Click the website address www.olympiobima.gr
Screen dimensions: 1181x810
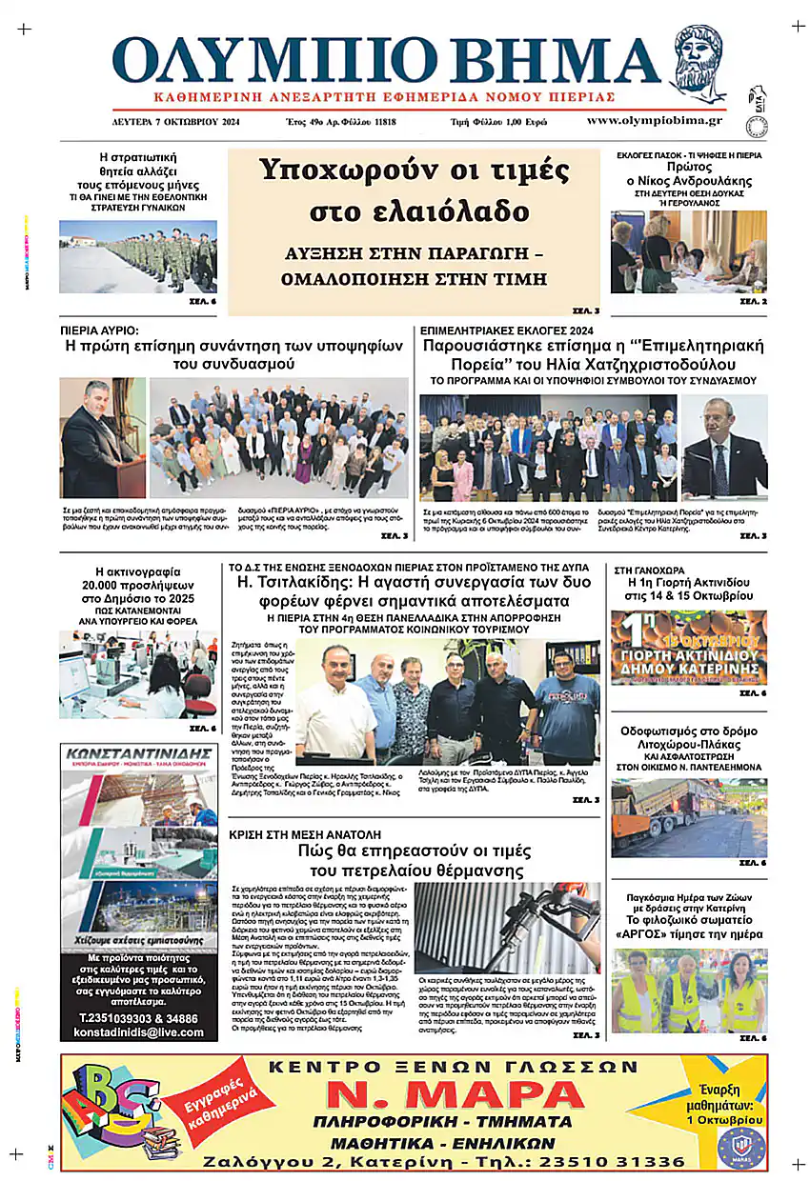coord(654,121)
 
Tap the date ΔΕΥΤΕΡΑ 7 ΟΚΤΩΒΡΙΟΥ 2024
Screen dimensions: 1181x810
coord(175,122)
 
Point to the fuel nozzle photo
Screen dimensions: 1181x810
coord(508,926)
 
